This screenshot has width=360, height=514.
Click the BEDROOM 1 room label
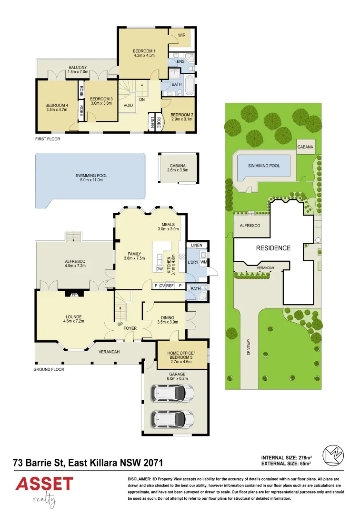point(144,51)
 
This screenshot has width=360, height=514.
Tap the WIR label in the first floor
point(182,35)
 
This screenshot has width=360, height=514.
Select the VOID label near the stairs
point(128,106)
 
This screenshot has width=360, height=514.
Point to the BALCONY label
point(78,68)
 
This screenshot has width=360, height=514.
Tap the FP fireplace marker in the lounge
point(74,294)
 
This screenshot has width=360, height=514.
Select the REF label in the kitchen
point(170,286)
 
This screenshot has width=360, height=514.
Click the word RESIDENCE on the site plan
point(273,248)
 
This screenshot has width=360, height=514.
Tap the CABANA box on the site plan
point(305,147)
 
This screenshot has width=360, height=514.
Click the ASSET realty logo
point(44,489)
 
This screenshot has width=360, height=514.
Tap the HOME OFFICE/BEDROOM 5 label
point(182,355)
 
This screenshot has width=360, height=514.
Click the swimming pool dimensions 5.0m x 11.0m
point(91,180)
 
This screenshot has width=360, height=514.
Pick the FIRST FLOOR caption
point(48,139)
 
